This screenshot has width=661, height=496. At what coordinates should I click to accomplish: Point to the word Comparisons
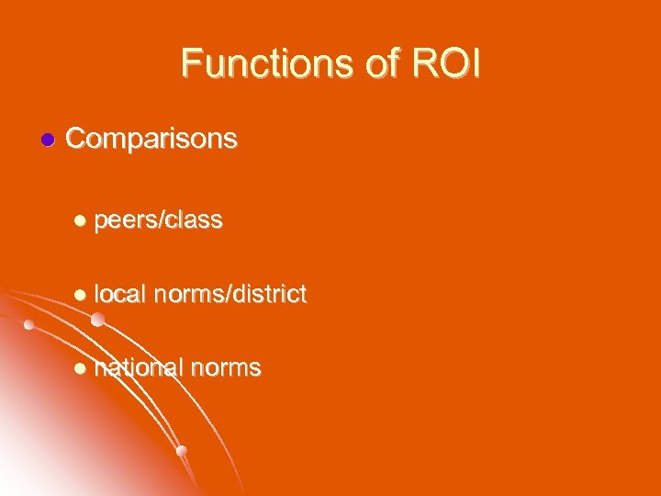coord(152,140)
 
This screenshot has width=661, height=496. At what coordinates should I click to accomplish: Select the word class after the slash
coord(193,220)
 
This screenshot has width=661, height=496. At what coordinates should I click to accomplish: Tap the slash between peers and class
coord(160,220)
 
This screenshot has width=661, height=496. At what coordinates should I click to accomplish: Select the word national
coord(138,368)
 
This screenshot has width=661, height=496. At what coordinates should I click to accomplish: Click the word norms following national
coord(225,368)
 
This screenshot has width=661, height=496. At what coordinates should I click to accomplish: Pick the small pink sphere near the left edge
coord(29,324)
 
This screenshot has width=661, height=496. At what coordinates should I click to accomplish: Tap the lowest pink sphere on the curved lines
coord(182,450)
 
